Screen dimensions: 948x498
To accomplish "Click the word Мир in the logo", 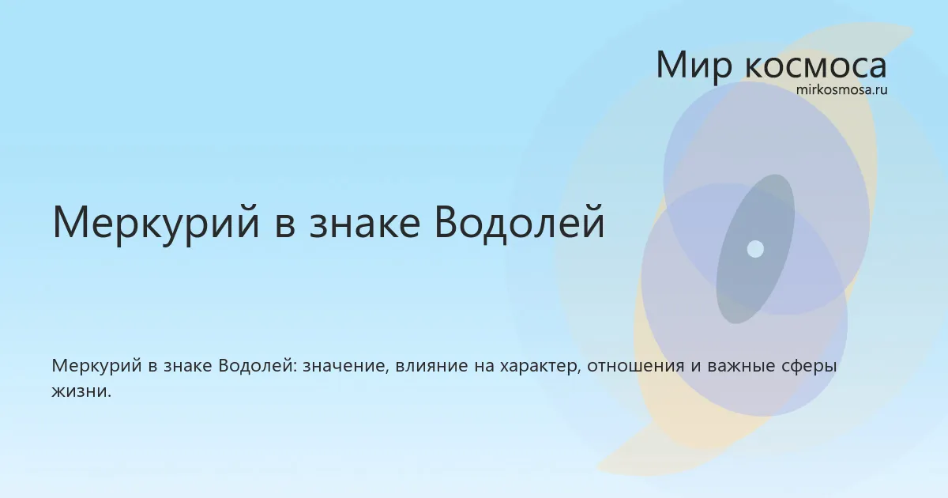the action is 694,65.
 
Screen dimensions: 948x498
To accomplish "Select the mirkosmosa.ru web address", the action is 841,90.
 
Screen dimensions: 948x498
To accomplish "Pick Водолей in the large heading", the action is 519,222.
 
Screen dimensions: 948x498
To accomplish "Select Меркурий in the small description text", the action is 96,366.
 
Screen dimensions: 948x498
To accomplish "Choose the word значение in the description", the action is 345,366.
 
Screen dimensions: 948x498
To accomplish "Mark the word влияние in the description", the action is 431,366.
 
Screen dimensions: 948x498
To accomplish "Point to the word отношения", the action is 635,366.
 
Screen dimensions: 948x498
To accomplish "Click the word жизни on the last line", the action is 81,391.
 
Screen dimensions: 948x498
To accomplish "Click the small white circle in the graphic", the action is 755,249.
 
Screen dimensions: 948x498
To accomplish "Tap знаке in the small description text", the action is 187,366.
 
